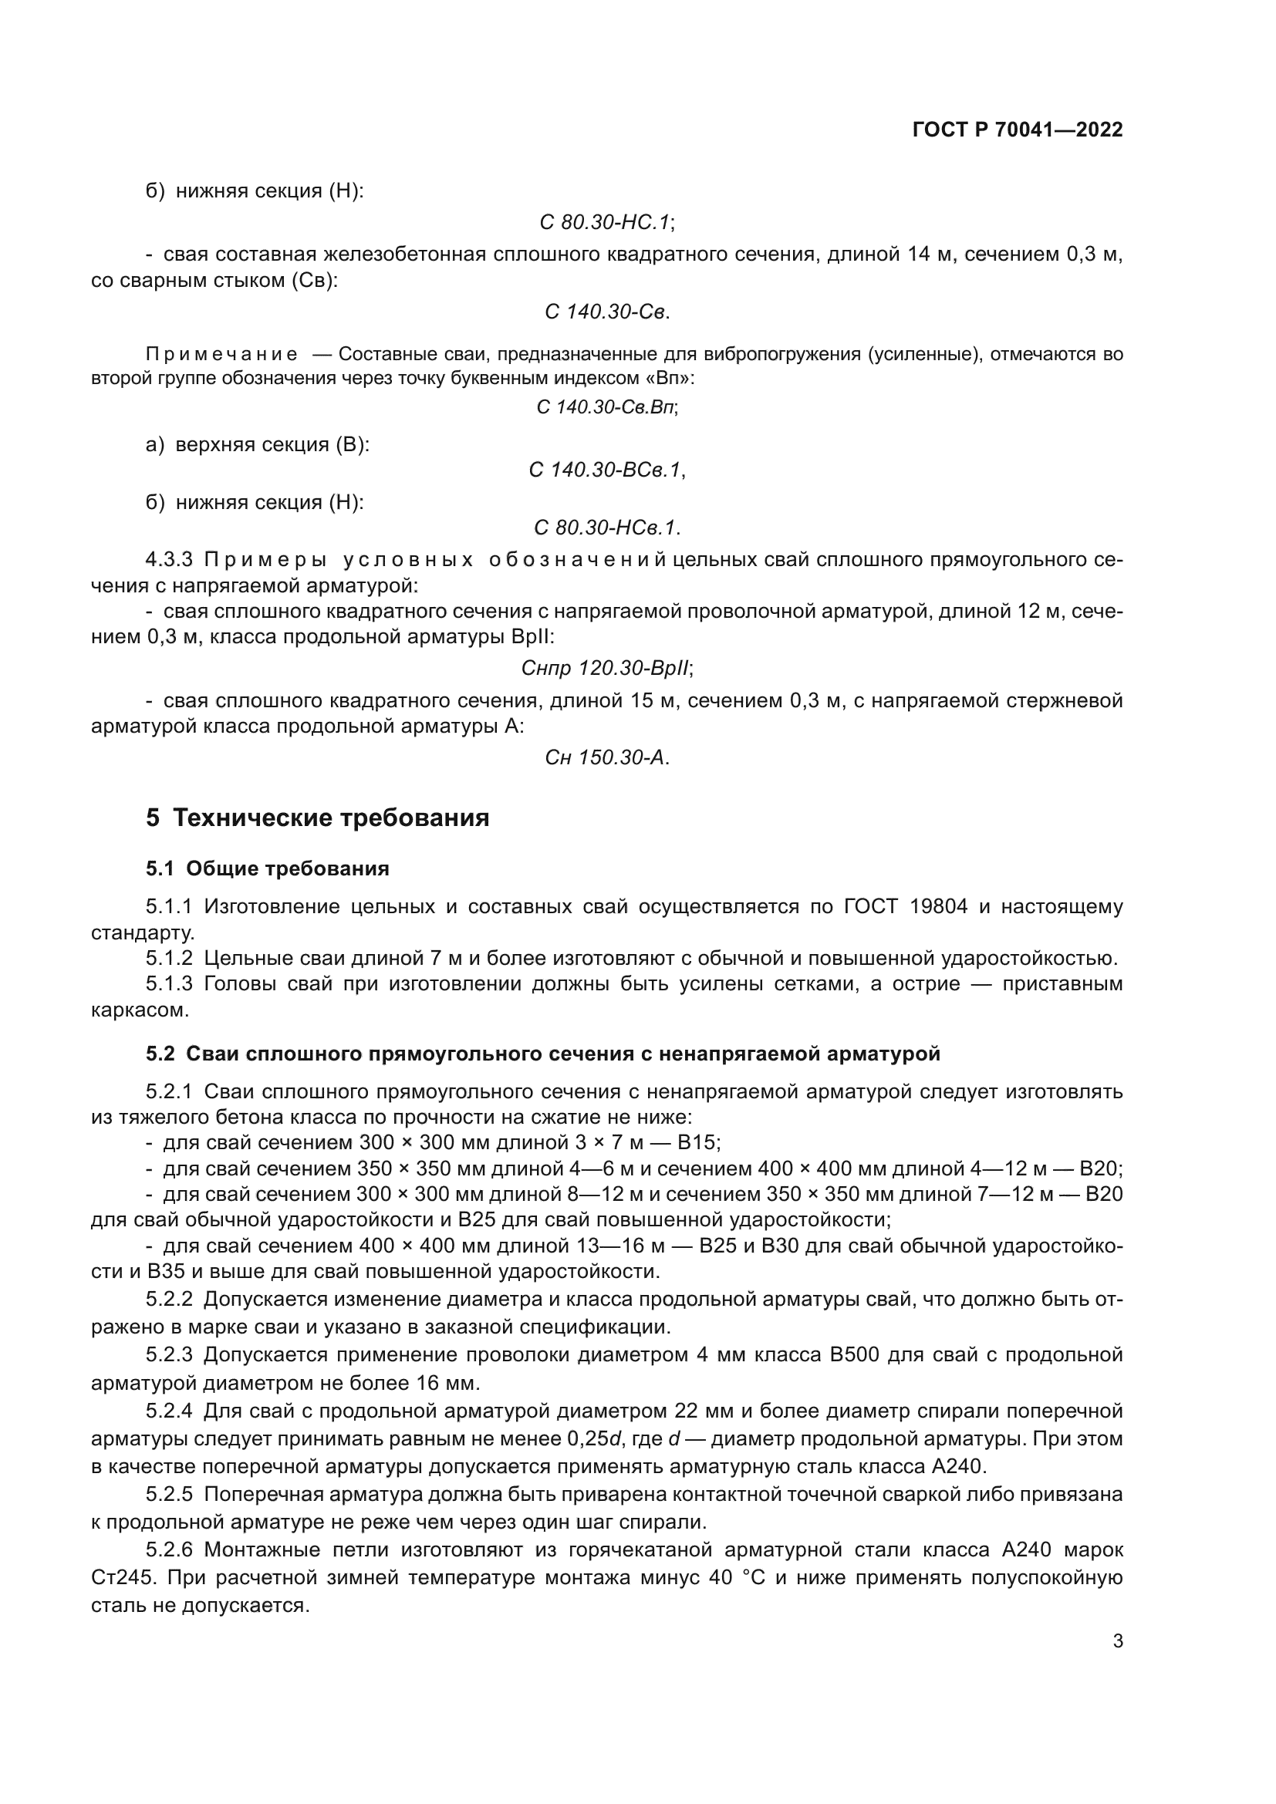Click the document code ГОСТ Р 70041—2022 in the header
click(x=1018, y=130)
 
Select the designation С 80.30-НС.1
click(x=604, y=223)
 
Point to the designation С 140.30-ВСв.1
click(x=604, y=470)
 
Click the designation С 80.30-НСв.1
click(x=605, y=528)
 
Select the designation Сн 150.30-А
click(x=605, y=757)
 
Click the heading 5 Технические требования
click(x=317, y=818)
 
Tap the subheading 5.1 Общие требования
click(x=267, y=868)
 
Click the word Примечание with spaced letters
click(x=221, y=354)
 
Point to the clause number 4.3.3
click(x=169, y=560)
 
